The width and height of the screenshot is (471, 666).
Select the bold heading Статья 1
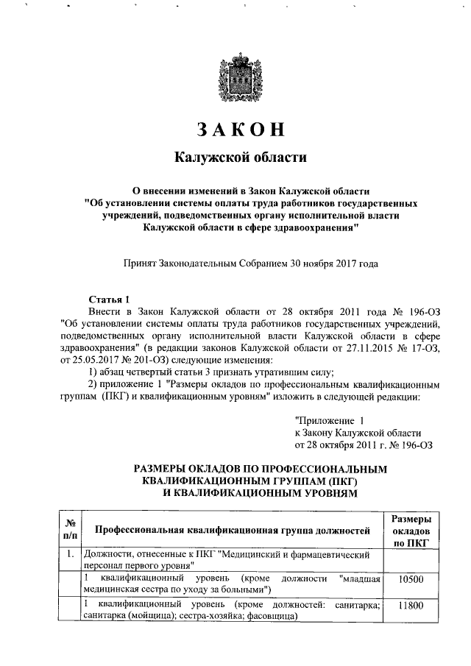[108, 299]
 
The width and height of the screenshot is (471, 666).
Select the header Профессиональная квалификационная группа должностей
[232, 529]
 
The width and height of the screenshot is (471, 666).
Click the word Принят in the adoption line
[142, 262]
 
